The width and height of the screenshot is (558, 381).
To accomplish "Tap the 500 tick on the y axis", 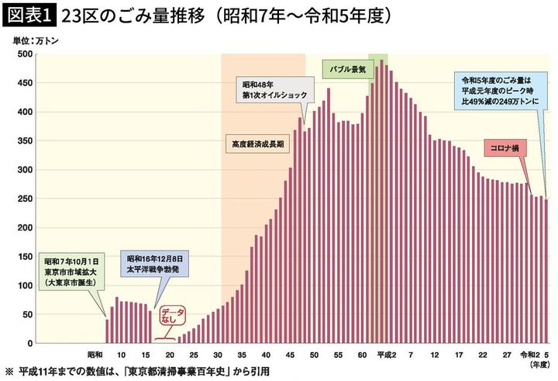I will point(24,54).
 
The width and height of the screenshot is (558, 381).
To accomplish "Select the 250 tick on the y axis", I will point(24,199).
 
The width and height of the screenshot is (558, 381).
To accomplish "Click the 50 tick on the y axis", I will point(26,314).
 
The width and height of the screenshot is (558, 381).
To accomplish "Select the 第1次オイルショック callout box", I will point(275,90).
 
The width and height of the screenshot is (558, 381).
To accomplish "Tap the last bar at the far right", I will point(546,271).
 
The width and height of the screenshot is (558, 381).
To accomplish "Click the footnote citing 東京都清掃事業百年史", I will point(139,371).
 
